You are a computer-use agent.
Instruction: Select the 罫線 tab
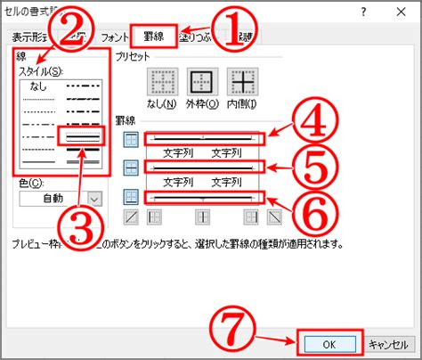153,37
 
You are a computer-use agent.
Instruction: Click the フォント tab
115,37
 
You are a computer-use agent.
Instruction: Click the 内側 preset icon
241,84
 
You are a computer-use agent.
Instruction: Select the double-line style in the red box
82,136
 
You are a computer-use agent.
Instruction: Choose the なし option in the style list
38,86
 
